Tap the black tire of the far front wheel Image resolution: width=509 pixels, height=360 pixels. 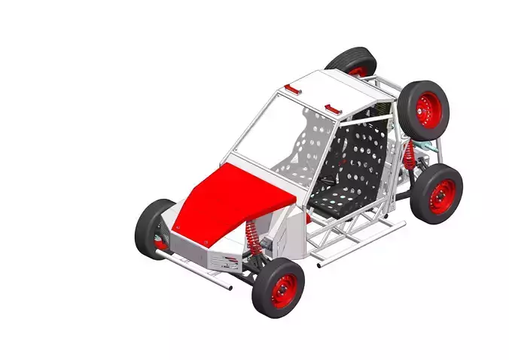(x=148, y=224)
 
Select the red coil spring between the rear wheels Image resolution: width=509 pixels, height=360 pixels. (x=410, y=156)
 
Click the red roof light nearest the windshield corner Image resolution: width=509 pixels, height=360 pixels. (x=291, y=90)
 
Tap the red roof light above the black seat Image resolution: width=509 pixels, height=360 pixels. (x=332, y=108)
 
